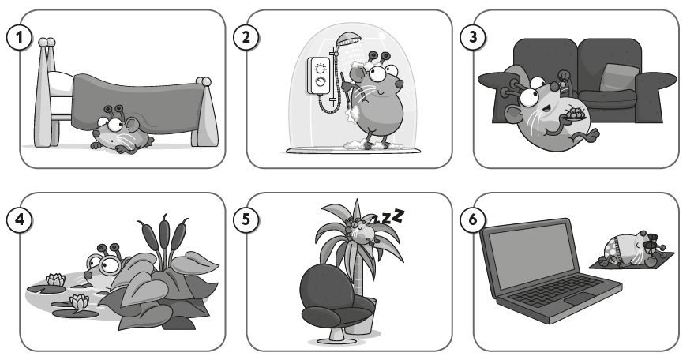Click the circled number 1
point(19,37)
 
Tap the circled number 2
point(246,37)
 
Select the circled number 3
point(473,37)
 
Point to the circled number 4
point(19,219)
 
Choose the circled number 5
point(246,219)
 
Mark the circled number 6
point(473,219)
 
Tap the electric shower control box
point(319,75)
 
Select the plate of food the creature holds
point(574,114)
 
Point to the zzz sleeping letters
point(388,216)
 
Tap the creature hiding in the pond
point(104,268)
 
